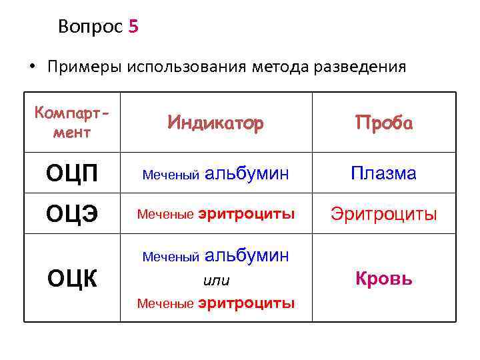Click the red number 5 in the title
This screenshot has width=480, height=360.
[133, 27]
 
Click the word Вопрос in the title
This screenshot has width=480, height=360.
[90, 27]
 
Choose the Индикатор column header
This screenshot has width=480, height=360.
[215, 123]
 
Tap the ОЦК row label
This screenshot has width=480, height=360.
[71, 279]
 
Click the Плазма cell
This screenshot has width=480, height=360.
[383, 174]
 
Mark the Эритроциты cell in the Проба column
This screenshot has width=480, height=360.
[383, 215]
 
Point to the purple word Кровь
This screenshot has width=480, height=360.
[383, 279]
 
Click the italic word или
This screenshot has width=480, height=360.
[215, 280]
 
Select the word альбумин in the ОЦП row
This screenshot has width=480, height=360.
[247, 174]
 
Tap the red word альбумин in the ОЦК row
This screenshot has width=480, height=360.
[247, 255]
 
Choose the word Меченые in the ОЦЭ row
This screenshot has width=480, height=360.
[165, 215]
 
